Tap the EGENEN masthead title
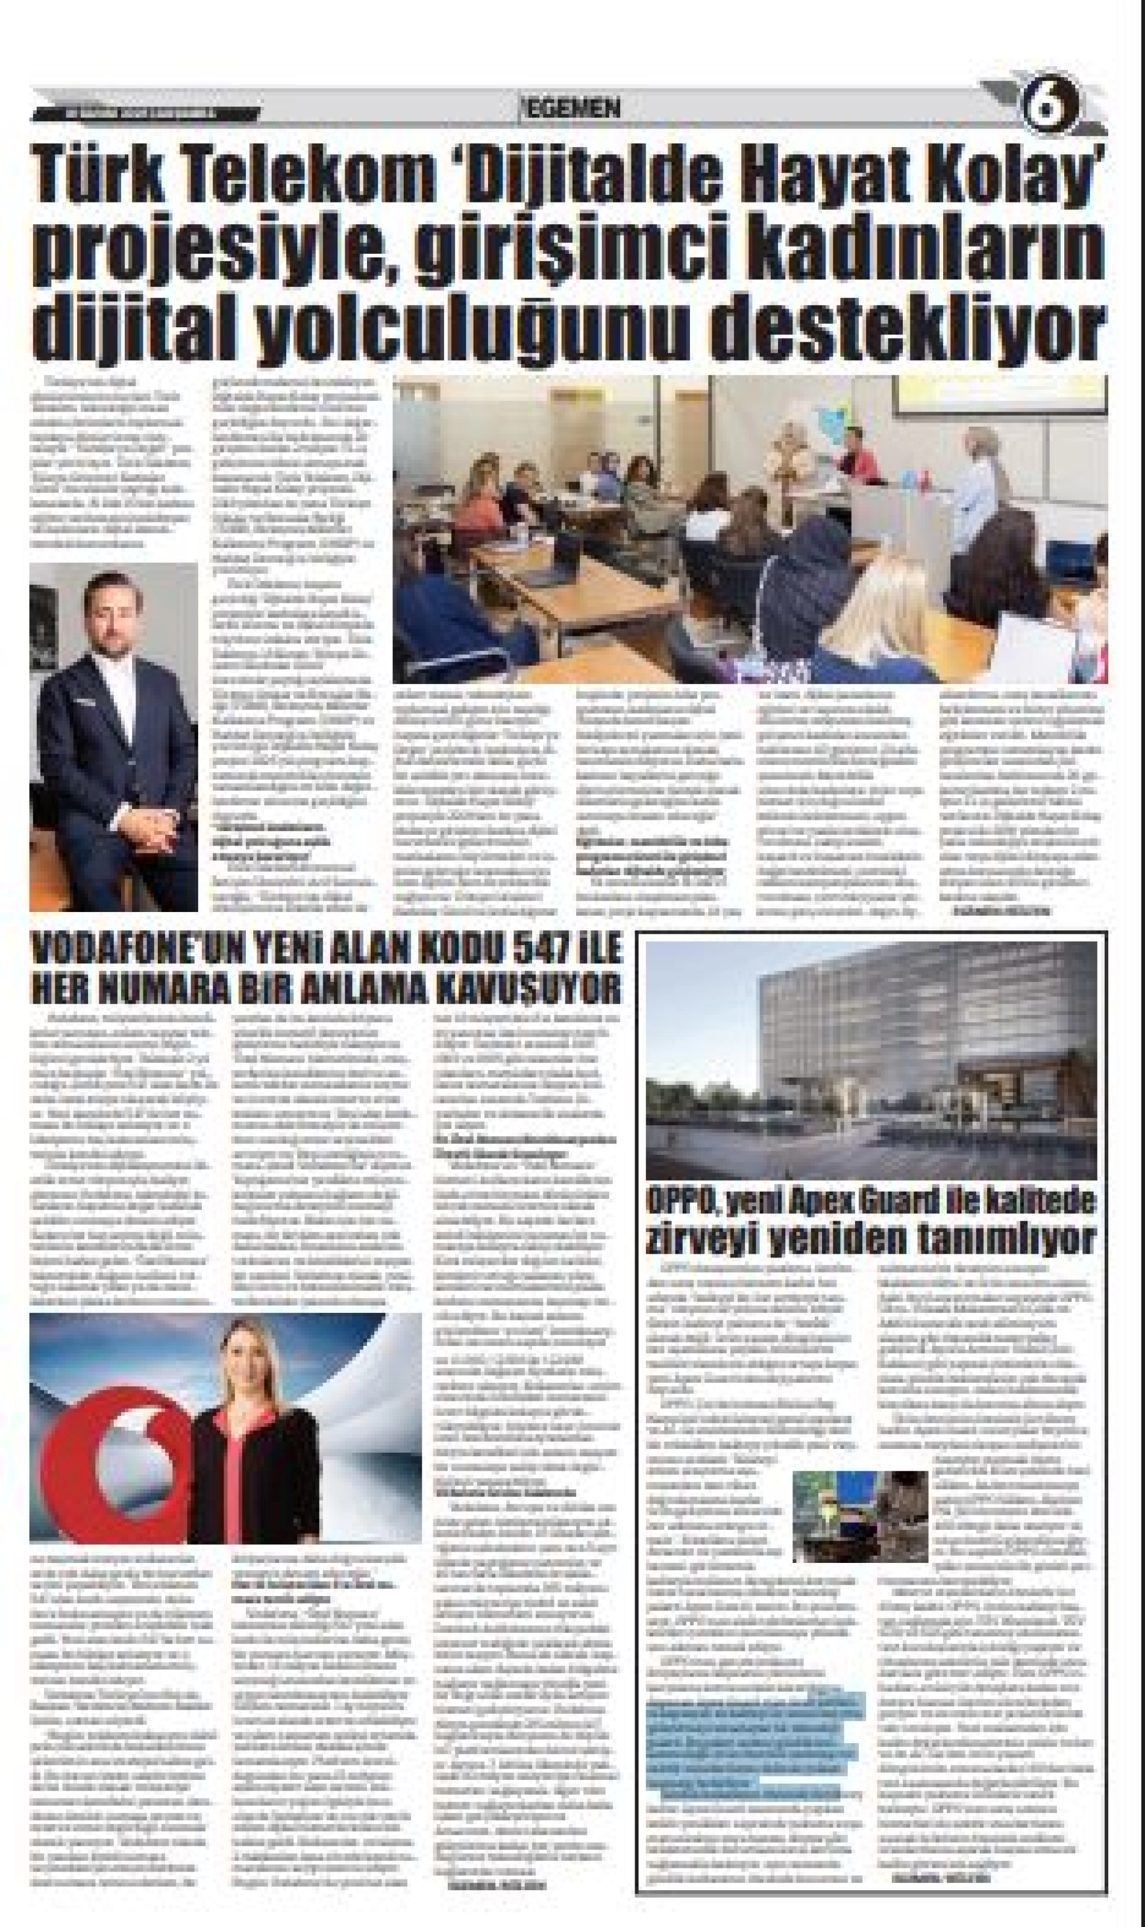573,109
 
